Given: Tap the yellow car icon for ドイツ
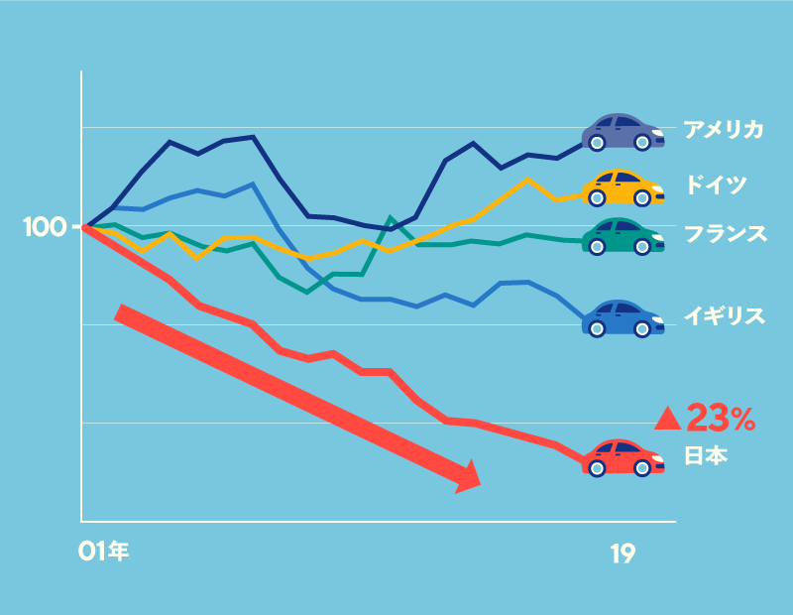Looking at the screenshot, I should (623, 186).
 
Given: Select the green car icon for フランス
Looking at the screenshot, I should (623, 236).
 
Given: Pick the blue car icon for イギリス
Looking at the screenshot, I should (623, 317).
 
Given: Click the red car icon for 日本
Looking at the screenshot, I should (623, 457).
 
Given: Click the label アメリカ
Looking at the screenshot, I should (723, 129).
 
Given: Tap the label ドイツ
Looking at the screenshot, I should (715, 184).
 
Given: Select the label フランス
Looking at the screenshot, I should (725, 234).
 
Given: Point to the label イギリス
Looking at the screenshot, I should (725, 316).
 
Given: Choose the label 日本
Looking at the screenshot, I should (706, 456).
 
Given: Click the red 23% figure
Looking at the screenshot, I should (721, 419).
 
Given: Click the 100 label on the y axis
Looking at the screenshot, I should (44, 227).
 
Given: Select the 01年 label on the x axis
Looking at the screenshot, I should (103, 552).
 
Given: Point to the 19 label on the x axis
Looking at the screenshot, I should (623, 554).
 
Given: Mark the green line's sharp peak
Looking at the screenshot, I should (391, 217).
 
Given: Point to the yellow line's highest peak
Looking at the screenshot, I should (527, 180).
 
